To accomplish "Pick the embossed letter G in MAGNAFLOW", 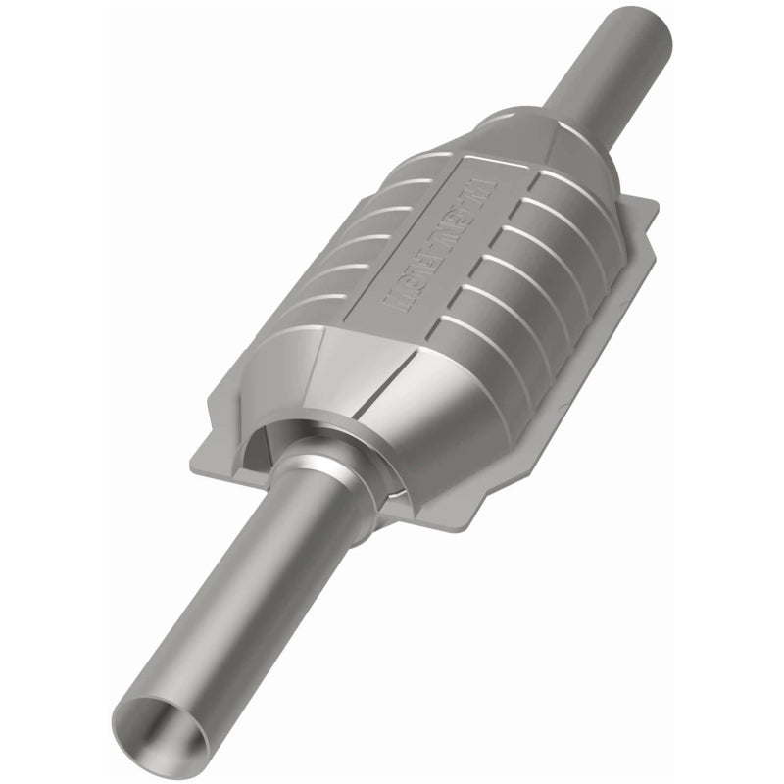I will coord(465,214).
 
